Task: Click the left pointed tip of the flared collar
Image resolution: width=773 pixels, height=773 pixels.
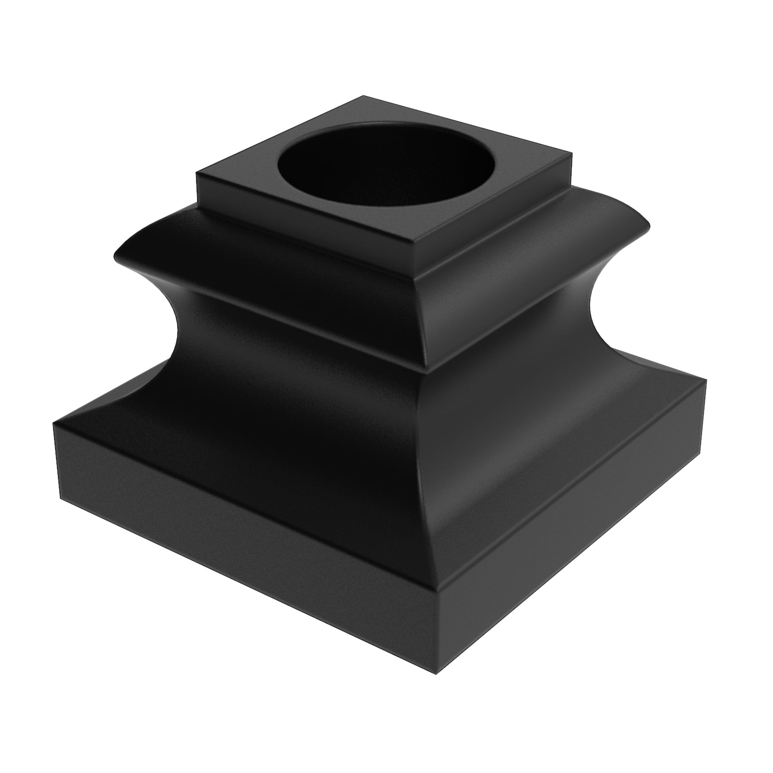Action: (x=115, y=255)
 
